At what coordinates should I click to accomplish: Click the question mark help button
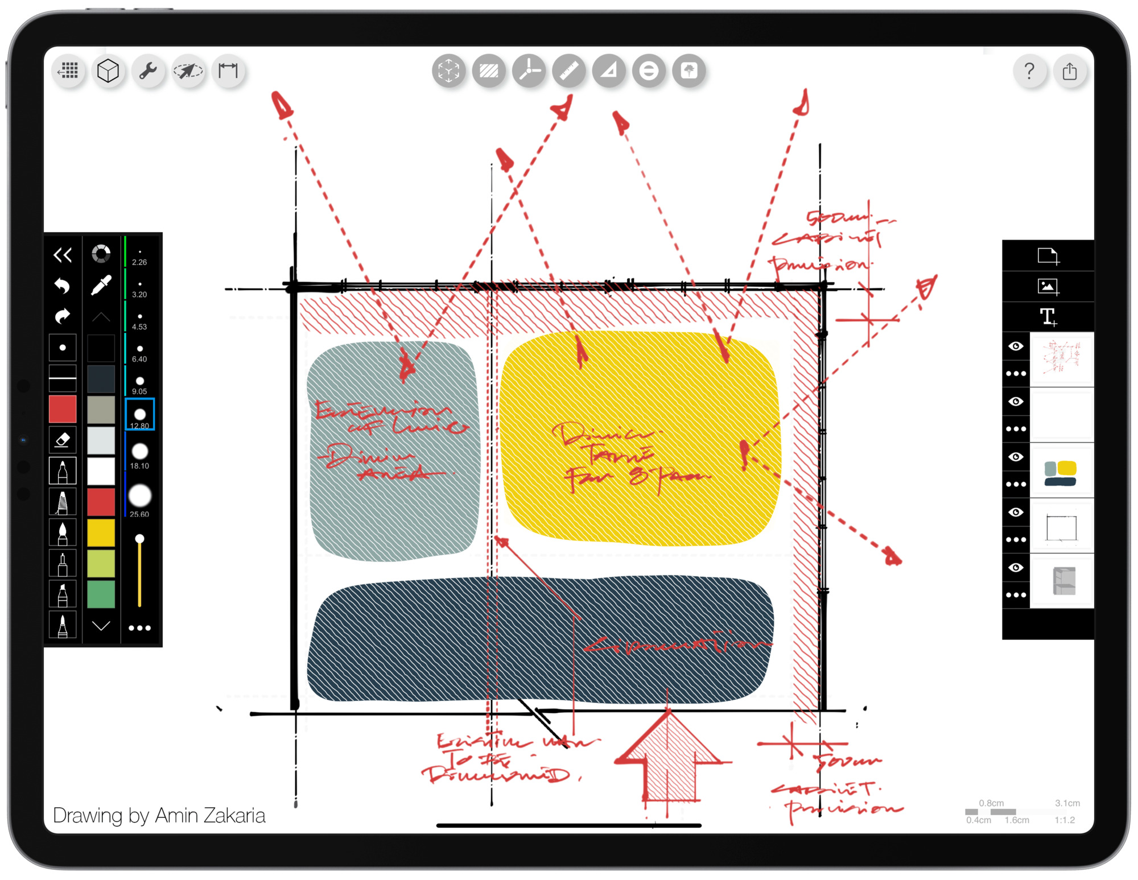1029,71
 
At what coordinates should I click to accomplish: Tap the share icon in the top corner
1070,71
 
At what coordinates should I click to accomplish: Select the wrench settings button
148,71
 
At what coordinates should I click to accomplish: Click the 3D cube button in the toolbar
108,71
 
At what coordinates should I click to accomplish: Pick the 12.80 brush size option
139,415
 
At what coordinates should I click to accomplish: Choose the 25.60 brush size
139,497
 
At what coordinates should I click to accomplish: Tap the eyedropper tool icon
101,285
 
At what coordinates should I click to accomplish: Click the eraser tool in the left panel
63,440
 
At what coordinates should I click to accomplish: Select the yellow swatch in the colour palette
101,533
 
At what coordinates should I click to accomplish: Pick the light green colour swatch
101,564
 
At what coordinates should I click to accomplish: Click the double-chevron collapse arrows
63,254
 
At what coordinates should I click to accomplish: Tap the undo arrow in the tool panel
63,285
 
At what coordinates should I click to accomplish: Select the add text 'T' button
1048,317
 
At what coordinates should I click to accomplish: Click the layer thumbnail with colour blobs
1061,473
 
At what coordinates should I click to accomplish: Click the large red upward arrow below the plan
669,757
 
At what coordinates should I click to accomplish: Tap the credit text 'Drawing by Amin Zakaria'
159,815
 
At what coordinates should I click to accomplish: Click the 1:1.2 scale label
1065,820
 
